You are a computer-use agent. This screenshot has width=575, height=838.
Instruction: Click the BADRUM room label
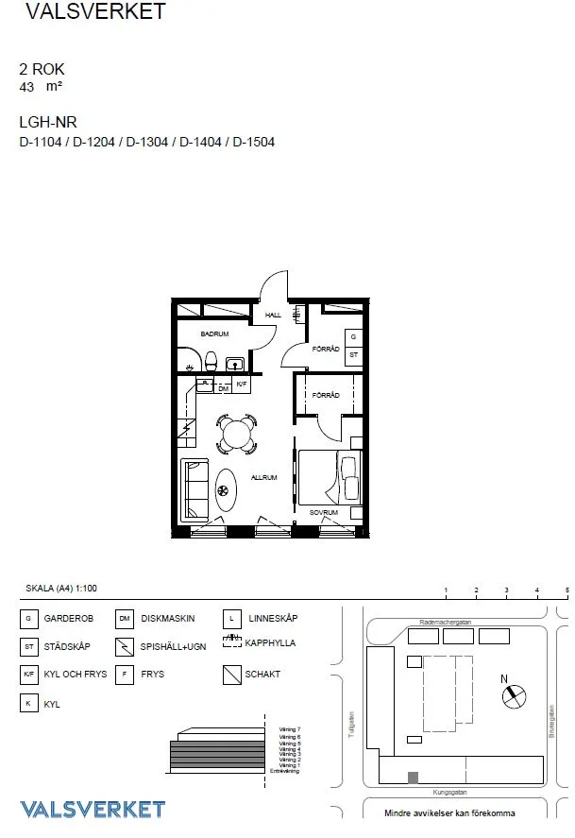pyautogui.click(x=214, y=334)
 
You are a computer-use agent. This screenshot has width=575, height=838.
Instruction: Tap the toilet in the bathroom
pyautogui.click(x=211, y=360)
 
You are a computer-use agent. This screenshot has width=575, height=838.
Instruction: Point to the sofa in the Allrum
pyautogui.click(x=195, y=488)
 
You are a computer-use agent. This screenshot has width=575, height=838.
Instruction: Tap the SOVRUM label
pyautogui.click(x=323, y=512)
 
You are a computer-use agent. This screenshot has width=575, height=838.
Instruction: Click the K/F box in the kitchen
pyautogui.click(x=242, y=385)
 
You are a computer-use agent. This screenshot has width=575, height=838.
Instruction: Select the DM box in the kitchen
pyautogui.click(x=223, y=388)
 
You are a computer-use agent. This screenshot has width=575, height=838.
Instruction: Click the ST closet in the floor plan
pyautogui.click(x=353, y=355)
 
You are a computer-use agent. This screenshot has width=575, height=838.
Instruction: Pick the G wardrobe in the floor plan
pyautogui.click(x=353, y=337)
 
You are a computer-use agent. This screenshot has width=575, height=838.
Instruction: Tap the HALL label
pyautogui.click(x=273, y=316)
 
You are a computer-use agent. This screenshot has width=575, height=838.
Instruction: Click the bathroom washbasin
pyautogui.click(x=235, y=363)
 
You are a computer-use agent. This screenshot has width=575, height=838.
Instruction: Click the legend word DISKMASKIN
pyautogui.click(x=167, y=619)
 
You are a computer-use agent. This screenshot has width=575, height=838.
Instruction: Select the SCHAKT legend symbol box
pyautogui.click(x=230, y=676)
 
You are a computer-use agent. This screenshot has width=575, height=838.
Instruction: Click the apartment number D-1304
pyautogui.click(x=147, y=143)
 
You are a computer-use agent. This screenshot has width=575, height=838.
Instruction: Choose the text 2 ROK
pyautogui.click(x=42, y=69)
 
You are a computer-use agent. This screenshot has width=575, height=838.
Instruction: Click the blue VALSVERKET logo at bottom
pyautogui.click(x=93, y=809)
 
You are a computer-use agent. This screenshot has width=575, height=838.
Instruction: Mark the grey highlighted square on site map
pyautogui.click(x=412, y=777)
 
